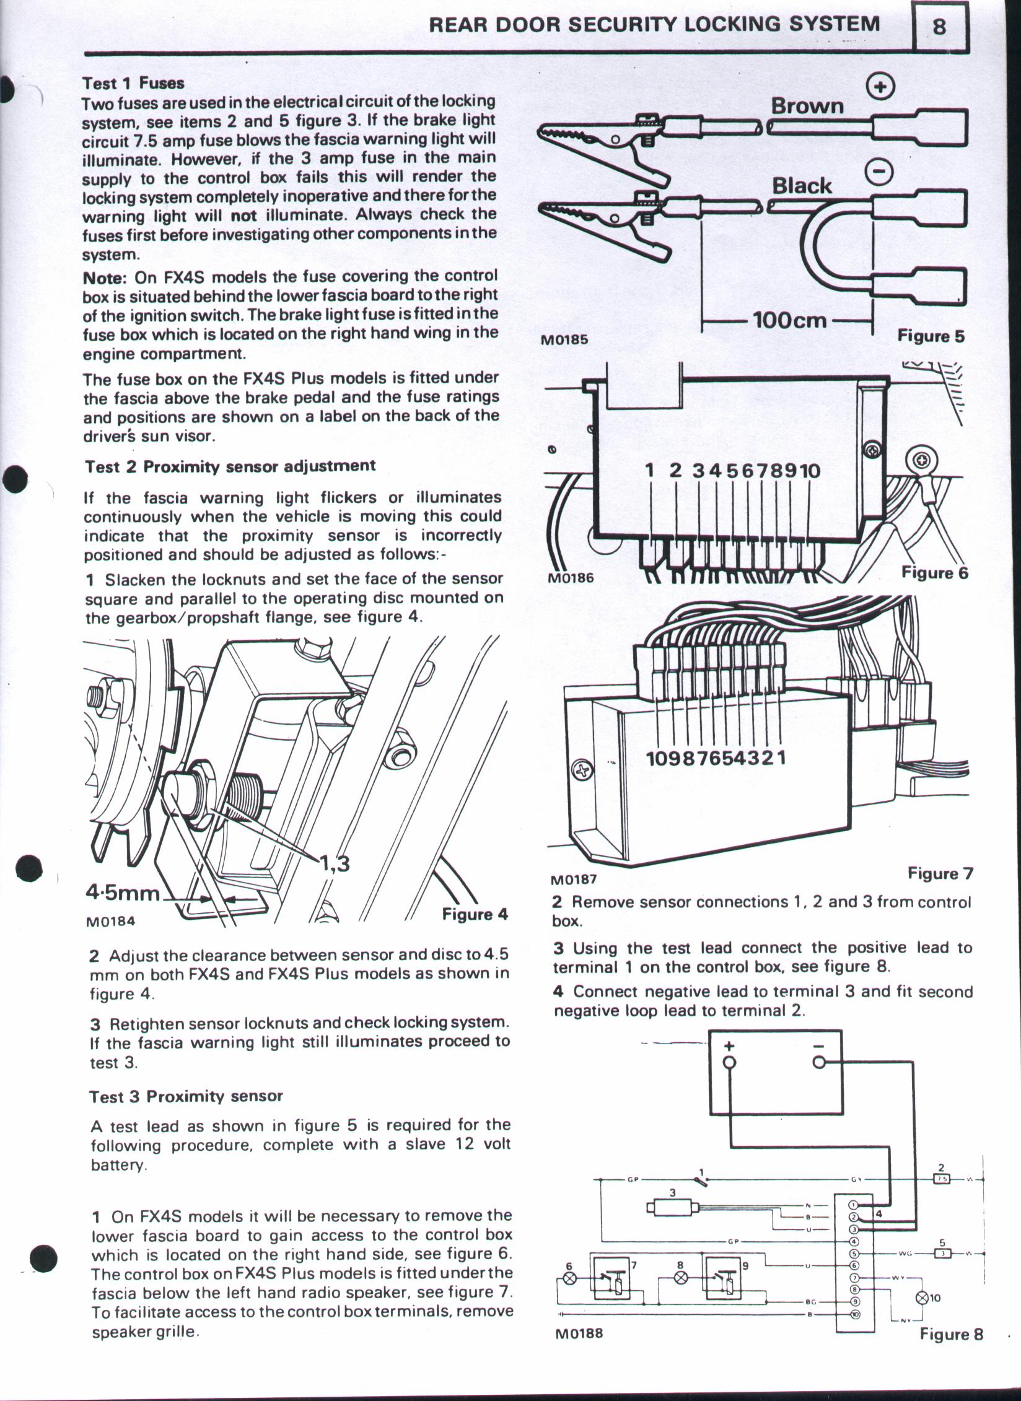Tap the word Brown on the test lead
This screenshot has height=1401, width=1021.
click(x=807, y=106)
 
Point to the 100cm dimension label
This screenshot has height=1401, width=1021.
click(x=789, y=320)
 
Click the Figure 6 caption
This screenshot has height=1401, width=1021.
click(x=934, y=572)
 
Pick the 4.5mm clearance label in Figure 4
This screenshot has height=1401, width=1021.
click(x=123, y=893)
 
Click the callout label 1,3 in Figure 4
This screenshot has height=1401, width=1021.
click(x=334, y=862)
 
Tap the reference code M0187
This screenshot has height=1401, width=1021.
click(x=573, y=878)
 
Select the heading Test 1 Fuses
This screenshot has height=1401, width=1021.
click(x=134, y=82)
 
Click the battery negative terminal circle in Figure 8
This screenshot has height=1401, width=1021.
click(x=819, y=1062)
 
